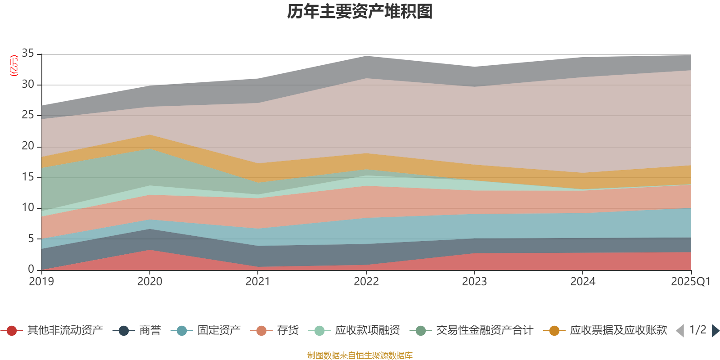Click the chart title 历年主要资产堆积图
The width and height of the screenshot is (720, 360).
[x=360, y=12]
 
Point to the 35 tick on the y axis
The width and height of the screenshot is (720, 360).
[x=28, y=54]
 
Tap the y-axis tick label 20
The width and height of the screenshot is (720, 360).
[x=28, y=146]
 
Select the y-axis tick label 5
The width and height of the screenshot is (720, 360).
[x=31, y=238]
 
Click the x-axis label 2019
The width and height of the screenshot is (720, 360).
[x=41, y=282]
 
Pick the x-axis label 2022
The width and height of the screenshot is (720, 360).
[x=366, y=282]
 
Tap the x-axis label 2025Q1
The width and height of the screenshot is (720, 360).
[x=690, y=282]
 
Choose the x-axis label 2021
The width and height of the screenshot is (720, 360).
[x=258, y=282]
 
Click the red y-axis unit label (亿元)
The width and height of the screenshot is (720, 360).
[x=14, y=66]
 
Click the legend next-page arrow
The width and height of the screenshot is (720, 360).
[x=715, y=331]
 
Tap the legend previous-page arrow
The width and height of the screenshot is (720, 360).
[x=680, y=331]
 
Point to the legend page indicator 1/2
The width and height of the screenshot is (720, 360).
[x=697, y=330]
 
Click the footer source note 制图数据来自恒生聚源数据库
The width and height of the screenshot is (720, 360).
[x=360, y=355]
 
